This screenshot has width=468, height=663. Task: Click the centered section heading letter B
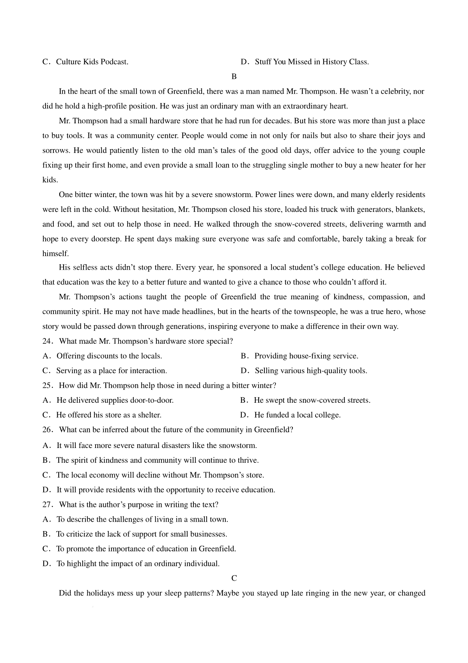point(234,76)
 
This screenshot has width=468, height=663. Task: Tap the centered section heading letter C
point(234,578)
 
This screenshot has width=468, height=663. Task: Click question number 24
point(47,341)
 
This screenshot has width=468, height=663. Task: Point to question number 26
point(47,430)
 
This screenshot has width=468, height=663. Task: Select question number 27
point(47,505)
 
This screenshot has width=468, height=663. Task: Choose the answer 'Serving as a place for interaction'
point(112,370)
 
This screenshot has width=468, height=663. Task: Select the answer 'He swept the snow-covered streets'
point(312,400)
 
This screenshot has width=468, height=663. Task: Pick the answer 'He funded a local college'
point(297,415)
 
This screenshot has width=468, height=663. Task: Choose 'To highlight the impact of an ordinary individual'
point(138,563)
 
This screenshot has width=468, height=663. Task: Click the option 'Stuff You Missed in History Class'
point(312,62)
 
